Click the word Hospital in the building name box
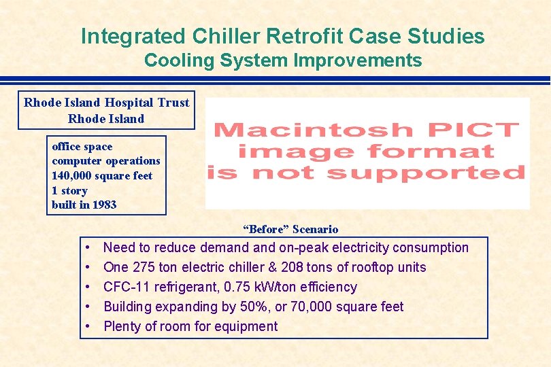pos(131,103)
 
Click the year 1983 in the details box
pos(103,205)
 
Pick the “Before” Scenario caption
pos(290,229)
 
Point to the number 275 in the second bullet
pos(141,267)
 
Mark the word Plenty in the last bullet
pos(122,326)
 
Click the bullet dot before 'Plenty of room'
pos(90,327)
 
